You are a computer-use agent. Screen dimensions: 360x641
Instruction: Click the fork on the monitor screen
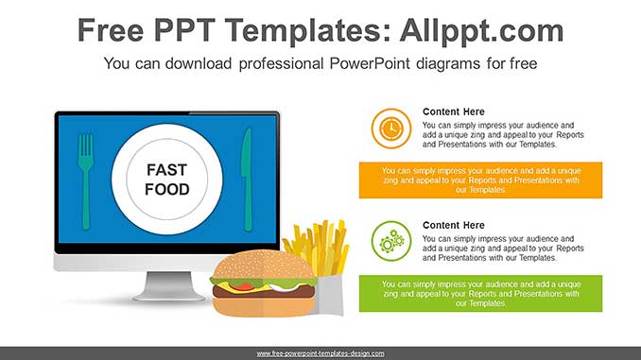(86, 180)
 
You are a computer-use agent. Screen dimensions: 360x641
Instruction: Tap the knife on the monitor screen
(248, 180)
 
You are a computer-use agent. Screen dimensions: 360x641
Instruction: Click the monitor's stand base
(168, 292)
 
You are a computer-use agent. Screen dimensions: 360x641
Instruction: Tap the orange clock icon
(390, 128)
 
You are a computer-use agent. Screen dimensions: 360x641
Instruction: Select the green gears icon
(390, 241)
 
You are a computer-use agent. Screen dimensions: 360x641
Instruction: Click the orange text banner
(480, 180)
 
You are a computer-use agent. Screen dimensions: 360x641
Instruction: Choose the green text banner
(480, 293)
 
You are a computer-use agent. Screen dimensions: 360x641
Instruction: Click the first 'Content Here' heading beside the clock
(453, 111)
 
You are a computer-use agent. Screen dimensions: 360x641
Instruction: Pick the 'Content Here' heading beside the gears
(453, 225)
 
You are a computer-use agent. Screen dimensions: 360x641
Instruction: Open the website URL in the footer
(320, 353)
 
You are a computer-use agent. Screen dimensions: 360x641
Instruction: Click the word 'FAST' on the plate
(166, 170)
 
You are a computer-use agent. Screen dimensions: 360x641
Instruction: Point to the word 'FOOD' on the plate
(166, 189)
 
